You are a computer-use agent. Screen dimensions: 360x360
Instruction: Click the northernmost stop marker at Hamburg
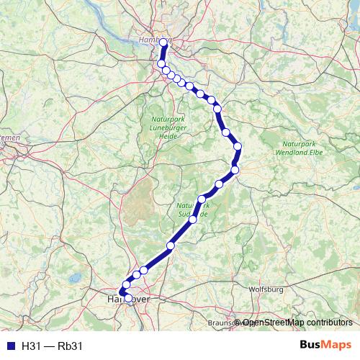coord(163,43)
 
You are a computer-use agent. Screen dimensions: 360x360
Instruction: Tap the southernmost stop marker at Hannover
coord(128,297)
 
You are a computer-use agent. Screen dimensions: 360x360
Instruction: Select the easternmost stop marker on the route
coord(238,147)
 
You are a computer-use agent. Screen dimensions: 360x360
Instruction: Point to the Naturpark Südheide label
coord(193,210)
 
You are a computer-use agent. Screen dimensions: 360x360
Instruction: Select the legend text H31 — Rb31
coord(53,346)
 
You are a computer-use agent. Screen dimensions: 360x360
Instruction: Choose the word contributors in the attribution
coord(328,323)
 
